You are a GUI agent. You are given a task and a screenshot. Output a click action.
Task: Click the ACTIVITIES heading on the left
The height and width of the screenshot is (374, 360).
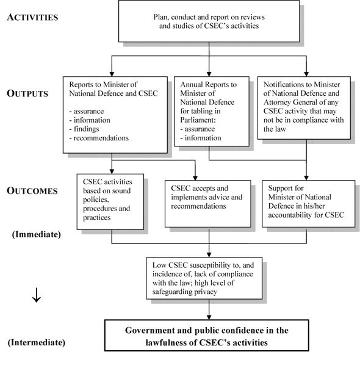(x=32, y=17)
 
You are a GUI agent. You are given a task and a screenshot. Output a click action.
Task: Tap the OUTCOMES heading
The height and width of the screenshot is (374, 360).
(x=32, y=190)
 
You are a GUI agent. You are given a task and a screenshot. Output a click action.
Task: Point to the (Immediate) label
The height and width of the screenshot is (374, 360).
(x=35, y=232)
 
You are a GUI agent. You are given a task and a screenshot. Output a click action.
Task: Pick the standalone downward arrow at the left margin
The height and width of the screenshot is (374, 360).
(x=36, y=298)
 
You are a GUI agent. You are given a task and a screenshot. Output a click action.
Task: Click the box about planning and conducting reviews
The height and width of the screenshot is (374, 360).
(x=209, y=21)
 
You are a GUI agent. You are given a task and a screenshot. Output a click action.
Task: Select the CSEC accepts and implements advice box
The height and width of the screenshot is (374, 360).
(x=209, y=199)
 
